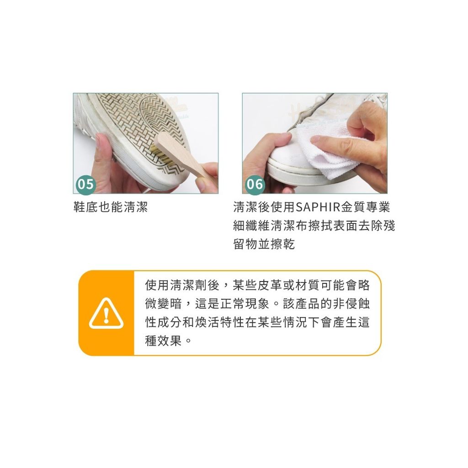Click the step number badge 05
(x=85, y=184)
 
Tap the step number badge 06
(x=255, y=184)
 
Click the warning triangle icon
(x=106, y=314)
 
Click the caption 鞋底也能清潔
(x=111, y=207)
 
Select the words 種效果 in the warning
(x=164, y=341)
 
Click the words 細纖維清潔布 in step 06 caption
(x=270, y=225)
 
